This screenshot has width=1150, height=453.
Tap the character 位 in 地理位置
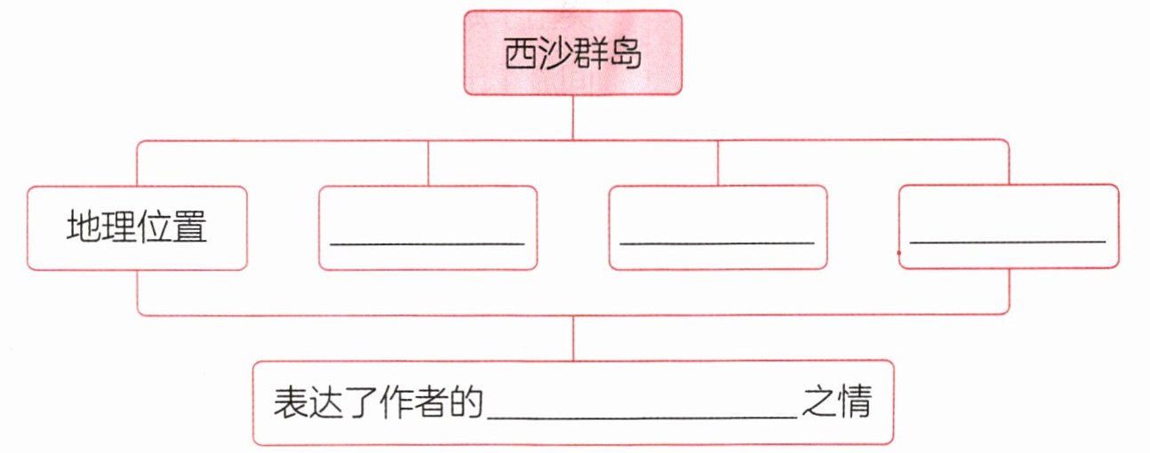coord(156,227)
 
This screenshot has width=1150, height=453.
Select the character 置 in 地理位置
coord(190,227)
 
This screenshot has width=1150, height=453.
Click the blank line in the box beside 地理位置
coord(427,242)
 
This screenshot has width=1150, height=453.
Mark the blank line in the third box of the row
coord(717,242)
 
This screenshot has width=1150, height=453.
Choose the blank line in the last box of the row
coord(1008,241)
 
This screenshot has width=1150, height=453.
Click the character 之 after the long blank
coord(816,403)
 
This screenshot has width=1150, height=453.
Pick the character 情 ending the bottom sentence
coord(852,403)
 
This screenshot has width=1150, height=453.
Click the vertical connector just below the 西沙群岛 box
coord(572,116)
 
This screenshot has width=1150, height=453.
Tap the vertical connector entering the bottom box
coord(572,338)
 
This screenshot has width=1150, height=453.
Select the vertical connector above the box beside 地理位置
coord(428,163)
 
